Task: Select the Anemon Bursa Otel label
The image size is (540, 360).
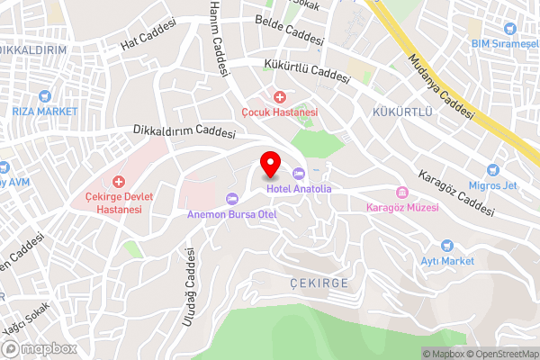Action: (231, 214)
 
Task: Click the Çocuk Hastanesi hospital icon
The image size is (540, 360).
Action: (280, 96)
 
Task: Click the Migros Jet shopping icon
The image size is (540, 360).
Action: (492, 168)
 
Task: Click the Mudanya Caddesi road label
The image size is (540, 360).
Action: (440, 86)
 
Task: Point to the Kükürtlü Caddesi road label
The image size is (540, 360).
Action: (306, 71)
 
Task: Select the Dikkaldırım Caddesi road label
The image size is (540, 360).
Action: (183, 131)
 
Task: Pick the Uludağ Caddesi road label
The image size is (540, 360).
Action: (190, 285)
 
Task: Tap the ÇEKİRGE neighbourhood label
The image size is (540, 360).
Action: (319, 283)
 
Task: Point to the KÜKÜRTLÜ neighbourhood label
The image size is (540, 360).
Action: (402, 112)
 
